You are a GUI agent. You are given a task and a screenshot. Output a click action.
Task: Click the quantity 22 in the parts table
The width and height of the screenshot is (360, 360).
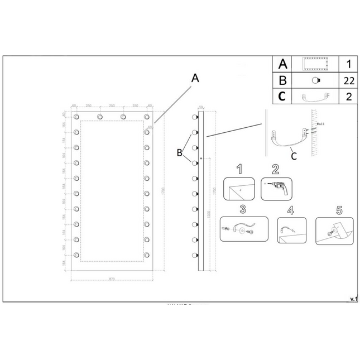[349, 80]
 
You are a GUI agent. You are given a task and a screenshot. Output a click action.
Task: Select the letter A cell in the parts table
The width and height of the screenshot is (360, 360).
[282, 64]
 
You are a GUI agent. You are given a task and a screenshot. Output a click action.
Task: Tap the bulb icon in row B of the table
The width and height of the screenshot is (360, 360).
[316, 80]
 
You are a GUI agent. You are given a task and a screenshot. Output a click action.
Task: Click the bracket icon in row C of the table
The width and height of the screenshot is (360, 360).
[316, 97]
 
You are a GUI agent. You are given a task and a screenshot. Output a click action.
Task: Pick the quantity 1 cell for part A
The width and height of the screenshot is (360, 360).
[349, 64]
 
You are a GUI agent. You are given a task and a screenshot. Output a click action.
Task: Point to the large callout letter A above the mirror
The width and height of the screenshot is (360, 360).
[195, 79]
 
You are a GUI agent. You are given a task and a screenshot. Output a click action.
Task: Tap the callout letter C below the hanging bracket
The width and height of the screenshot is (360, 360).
[294, 156]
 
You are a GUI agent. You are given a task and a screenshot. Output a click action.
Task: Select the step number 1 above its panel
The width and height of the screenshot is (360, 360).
[239, 169]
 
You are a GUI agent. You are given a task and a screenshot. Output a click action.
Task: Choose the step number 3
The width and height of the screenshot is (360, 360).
[242, 209]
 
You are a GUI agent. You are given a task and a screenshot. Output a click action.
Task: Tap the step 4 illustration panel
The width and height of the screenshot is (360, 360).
[291, 229]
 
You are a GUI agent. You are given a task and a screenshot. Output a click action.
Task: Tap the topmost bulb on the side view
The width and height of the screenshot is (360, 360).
[194, 118]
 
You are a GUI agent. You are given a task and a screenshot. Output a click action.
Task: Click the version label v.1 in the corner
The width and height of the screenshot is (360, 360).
[353, 299]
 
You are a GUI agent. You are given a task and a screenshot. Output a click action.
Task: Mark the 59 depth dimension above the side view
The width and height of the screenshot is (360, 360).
[200, 106]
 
